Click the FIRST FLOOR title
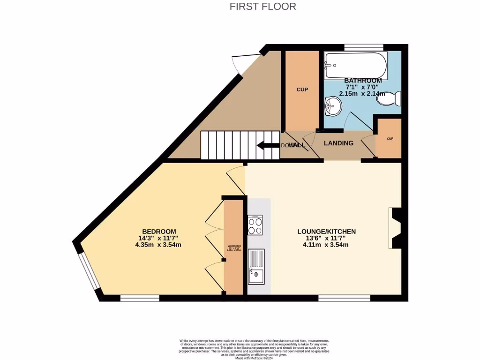click(x=263, y=7)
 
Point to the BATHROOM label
click(x=363, y=81)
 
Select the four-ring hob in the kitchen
click(x=255, y=225)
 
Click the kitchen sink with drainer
click(x=256, y=267)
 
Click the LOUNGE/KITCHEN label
click(x=327, y=232)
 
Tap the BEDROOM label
click(x=159, y=232)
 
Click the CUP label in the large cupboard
click(x=302, y=89)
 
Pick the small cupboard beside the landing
click(x=389, y=139)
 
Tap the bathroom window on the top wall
click(x=364, y=47)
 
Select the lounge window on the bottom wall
click(x=344, y=298)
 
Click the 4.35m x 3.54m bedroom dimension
click(x=159, y=245)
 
